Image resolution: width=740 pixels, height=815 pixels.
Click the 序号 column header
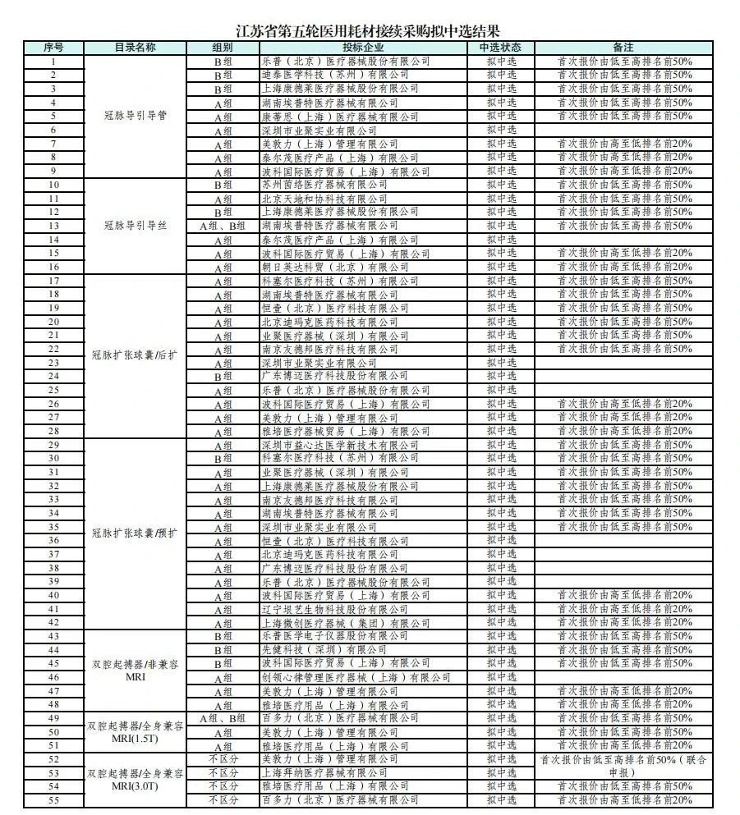[53, 48]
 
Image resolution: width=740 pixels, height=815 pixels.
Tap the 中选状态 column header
[501, 48]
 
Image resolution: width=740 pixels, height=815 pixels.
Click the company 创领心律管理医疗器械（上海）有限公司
[356, 677]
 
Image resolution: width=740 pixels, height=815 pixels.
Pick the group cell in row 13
[223, 226]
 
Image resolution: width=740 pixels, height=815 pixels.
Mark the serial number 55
[53, 799]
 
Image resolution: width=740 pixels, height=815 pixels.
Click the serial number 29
[53, 444]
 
